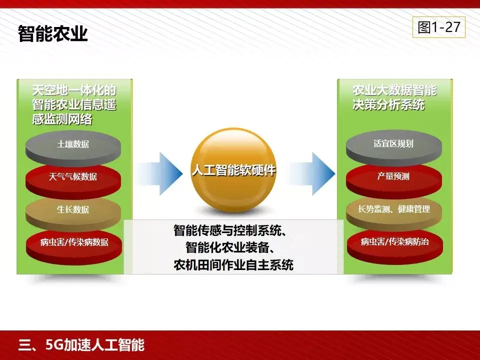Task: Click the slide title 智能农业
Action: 53,33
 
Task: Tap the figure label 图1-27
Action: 438,27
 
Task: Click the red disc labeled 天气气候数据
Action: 73,177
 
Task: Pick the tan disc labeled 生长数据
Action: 73,209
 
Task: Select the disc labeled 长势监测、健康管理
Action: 393,209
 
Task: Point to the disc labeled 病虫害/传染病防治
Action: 394,242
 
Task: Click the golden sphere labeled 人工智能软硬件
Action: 233,170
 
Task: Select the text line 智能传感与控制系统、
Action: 233,231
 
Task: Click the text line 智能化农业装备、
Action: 233,248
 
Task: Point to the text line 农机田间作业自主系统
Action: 233,264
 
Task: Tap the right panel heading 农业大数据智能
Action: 394,90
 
